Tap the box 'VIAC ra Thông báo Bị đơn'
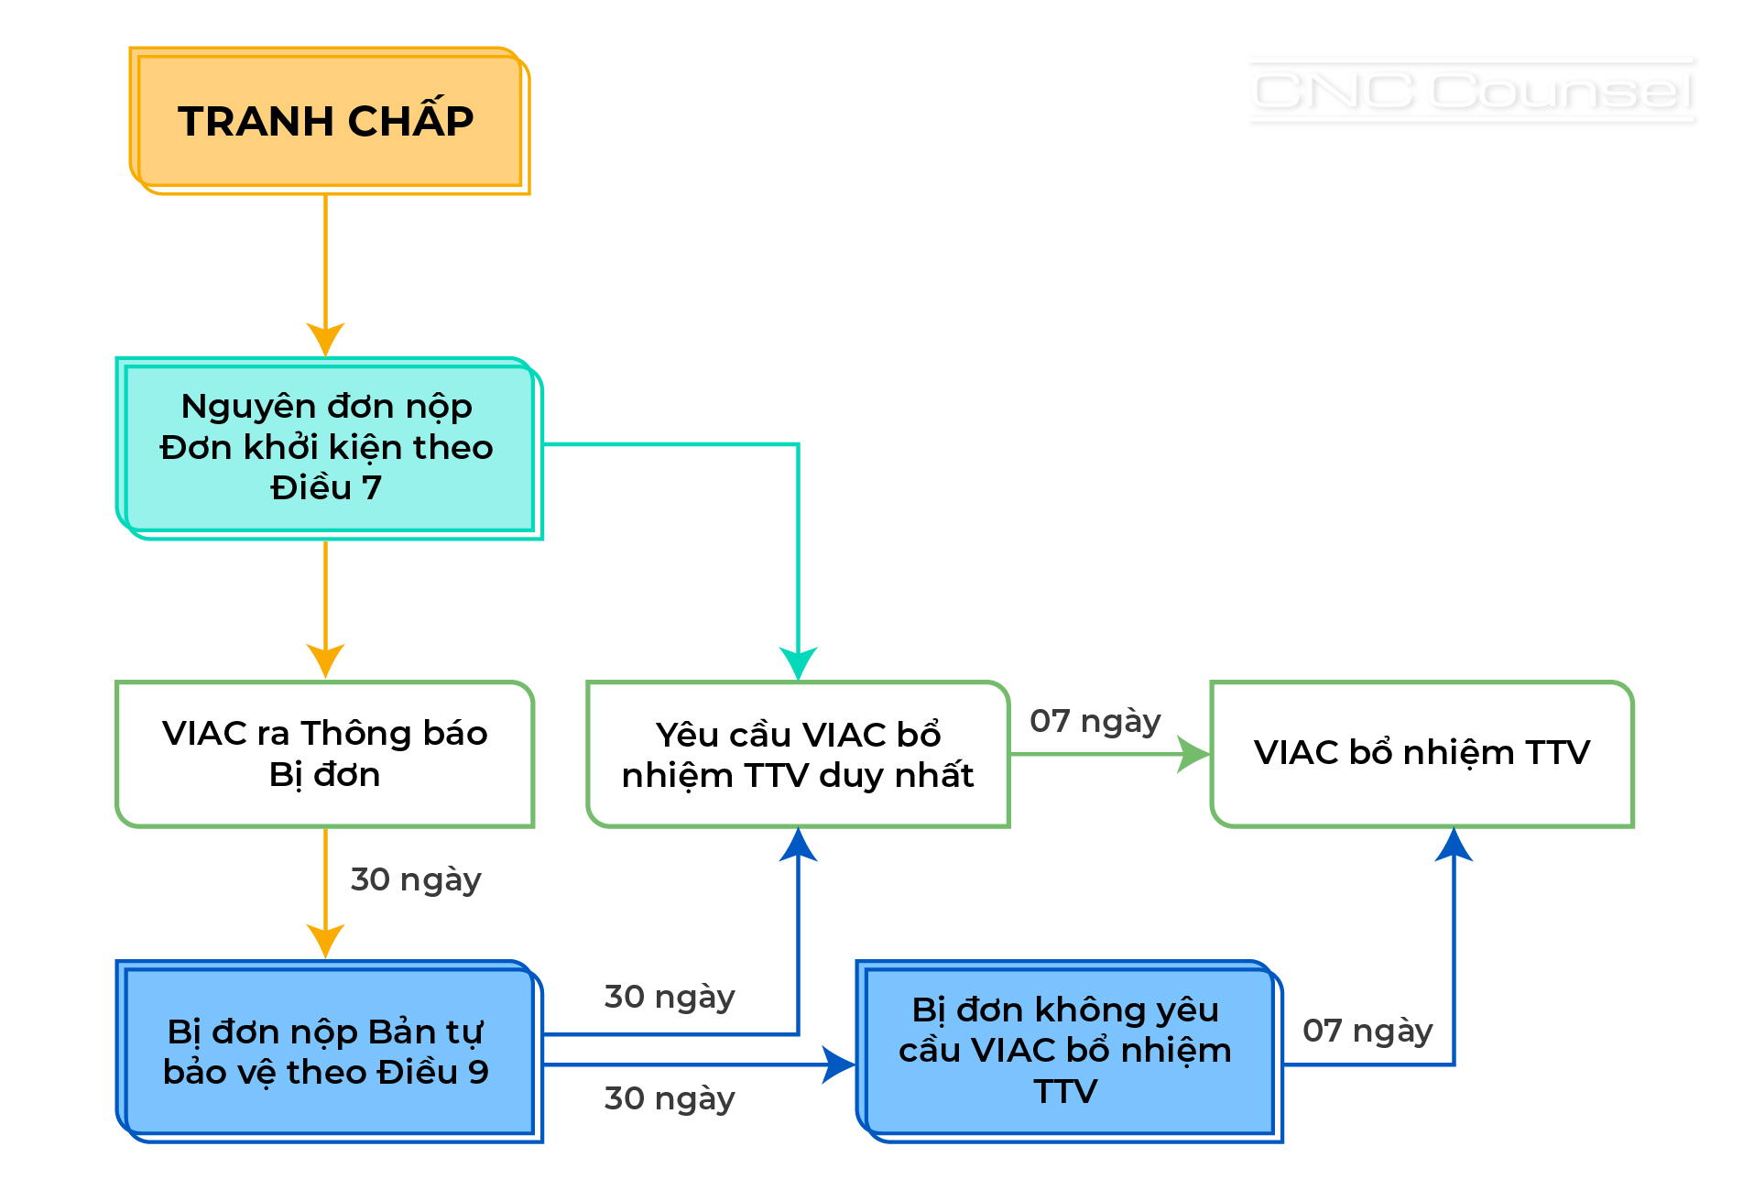(325, 754)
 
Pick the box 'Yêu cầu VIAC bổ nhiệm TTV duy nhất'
(798, 754)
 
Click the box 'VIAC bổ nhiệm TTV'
(1422, 754)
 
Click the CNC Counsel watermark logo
(1472, 91)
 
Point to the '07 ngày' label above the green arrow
(1095, 721)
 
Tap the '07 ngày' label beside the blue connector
(1367, 1031)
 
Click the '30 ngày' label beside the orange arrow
(416, 879)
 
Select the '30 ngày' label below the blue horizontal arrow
(670, 1098)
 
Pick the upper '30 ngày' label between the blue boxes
(670, 997)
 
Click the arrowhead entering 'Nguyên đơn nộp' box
(325, 339)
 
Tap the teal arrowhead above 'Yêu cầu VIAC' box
(799, 662)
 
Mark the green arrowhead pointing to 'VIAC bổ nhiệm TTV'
(1193, 755)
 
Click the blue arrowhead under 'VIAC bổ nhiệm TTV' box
(1454, 845)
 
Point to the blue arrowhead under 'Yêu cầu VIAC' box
(799, 845)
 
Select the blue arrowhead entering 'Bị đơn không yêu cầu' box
(838, 1064)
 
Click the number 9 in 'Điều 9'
(478, 1072)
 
